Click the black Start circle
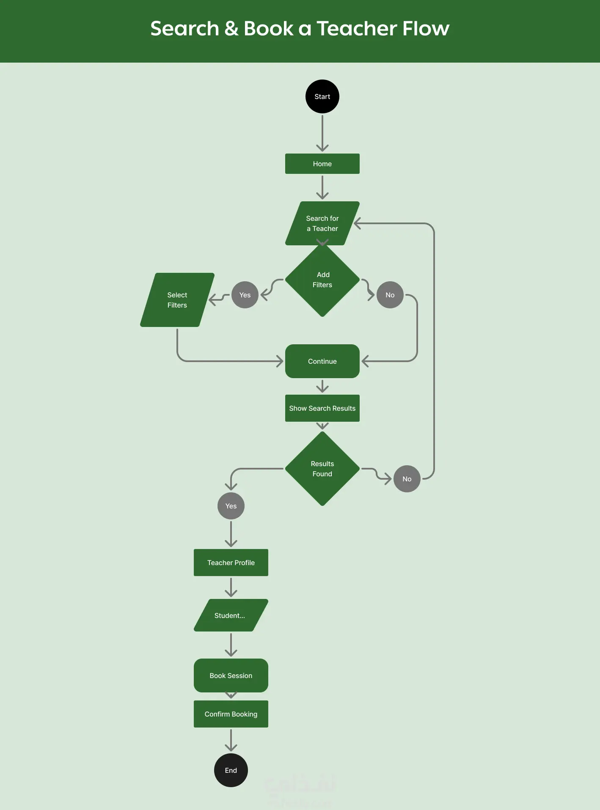click(x=322, y=96)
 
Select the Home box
click(x=322, y=164)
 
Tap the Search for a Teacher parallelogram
click(x=322, y=223)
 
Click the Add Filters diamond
click(x=322, y=280)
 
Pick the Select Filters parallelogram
click(x=177, y=300)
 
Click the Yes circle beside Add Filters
click(x=245, y=295)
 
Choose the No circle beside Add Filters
click(x=390, y=295)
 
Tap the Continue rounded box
click(x=322, y=361)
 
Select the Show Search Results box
click(x=322, y=408)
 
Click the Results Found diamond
click(x=322, y=469)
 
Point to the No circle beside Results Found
click(x=407, y=479)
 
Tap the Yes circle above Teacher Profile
click(x=231, y=506)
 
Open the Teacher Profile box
click(x=231, y=563)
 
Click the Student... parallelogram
click(x=231, y=615)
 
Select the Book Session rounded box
click(x=231, y=675)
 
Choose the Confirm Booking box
click(x=231, y=714)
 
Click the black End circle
click(x=231, y=770)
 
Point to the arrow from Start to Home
click(x=322, y=133)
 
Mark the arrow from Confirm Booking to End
click(x=231, y=740)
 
